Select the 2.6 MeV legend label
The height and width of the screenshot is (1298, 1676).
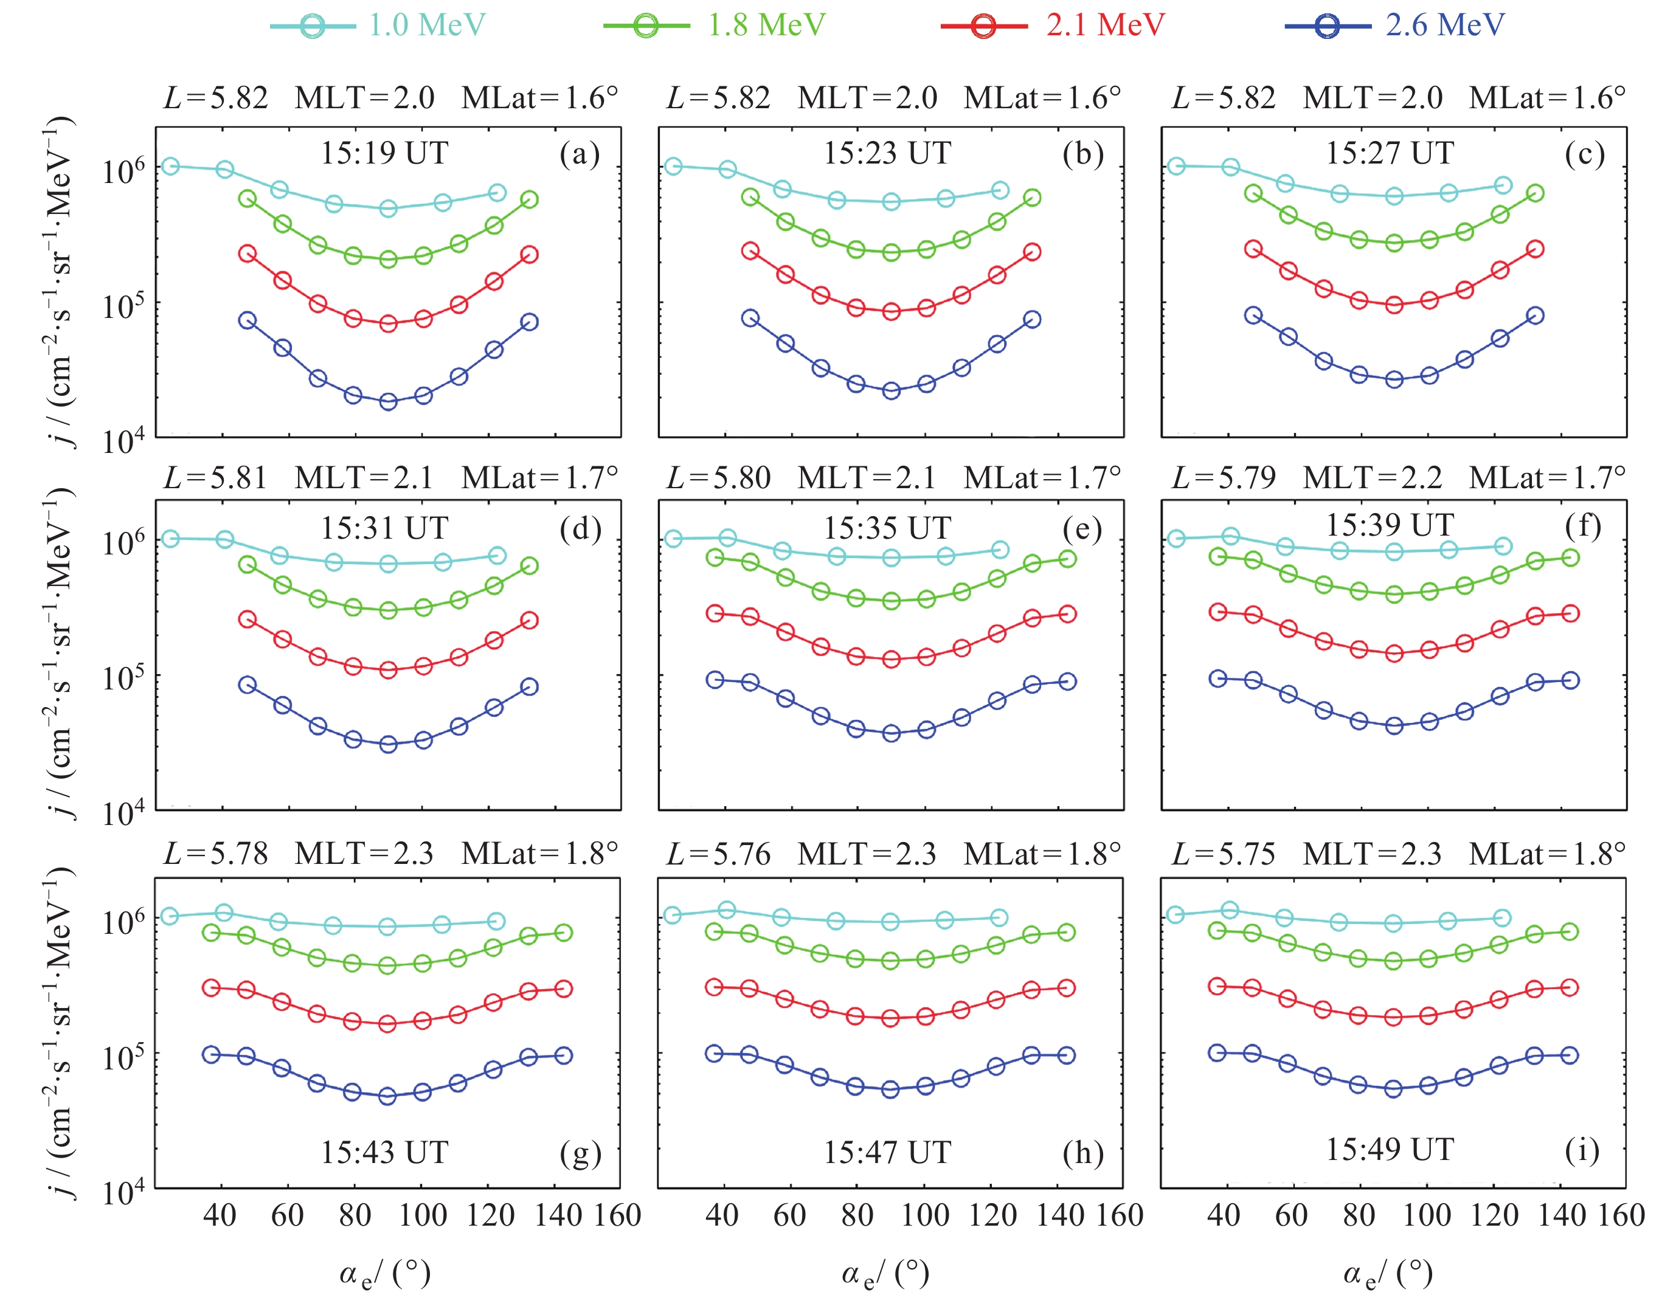pos(1444,26)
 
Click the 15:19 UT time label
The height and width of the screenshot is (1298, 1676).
pos(384,153)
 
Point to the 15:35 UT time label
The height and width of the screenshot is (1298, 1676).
pos(887,528)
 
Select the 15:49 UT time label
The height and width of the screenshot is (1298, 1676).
pos(1390,1149)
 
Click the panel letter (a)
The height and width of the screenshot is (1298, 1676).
pos(580,154)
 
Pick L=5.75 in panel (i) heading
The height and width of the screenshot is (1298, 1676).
pos(1223,854)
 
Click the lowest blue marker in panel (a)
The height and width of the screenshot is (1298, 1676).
pos(389,401)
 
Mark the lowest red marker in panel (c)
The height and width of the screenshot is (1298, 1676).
pos(1394,305)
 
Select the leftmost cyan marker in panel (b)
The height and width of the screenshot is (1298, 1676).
pos(673,167)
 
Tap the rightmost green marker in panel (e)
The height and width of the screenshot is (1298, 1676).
pos(1067,559)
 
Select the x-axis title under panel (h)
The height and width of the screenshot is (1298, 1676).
pos(885,1274)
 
